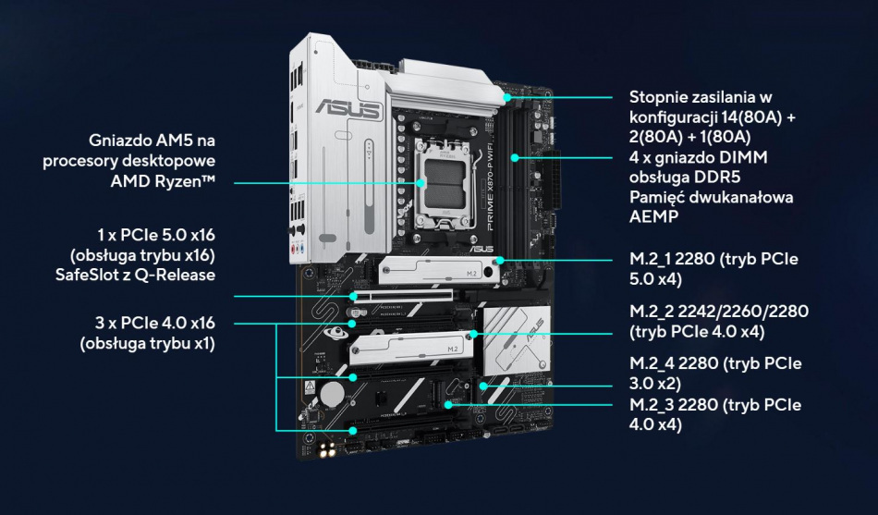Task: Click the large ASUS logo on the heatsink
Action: point(348,109)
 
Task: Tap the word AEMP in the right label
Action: point(652,218)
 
